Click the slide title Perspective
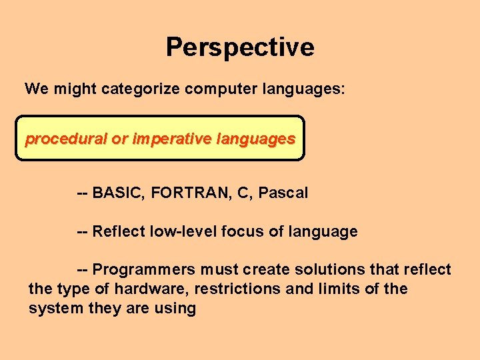[x=240, y=47]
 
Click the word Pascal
[x=283, y=193]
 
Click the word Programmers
[x=143, y=270]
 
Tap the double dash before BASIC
[x=83, y=193]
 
